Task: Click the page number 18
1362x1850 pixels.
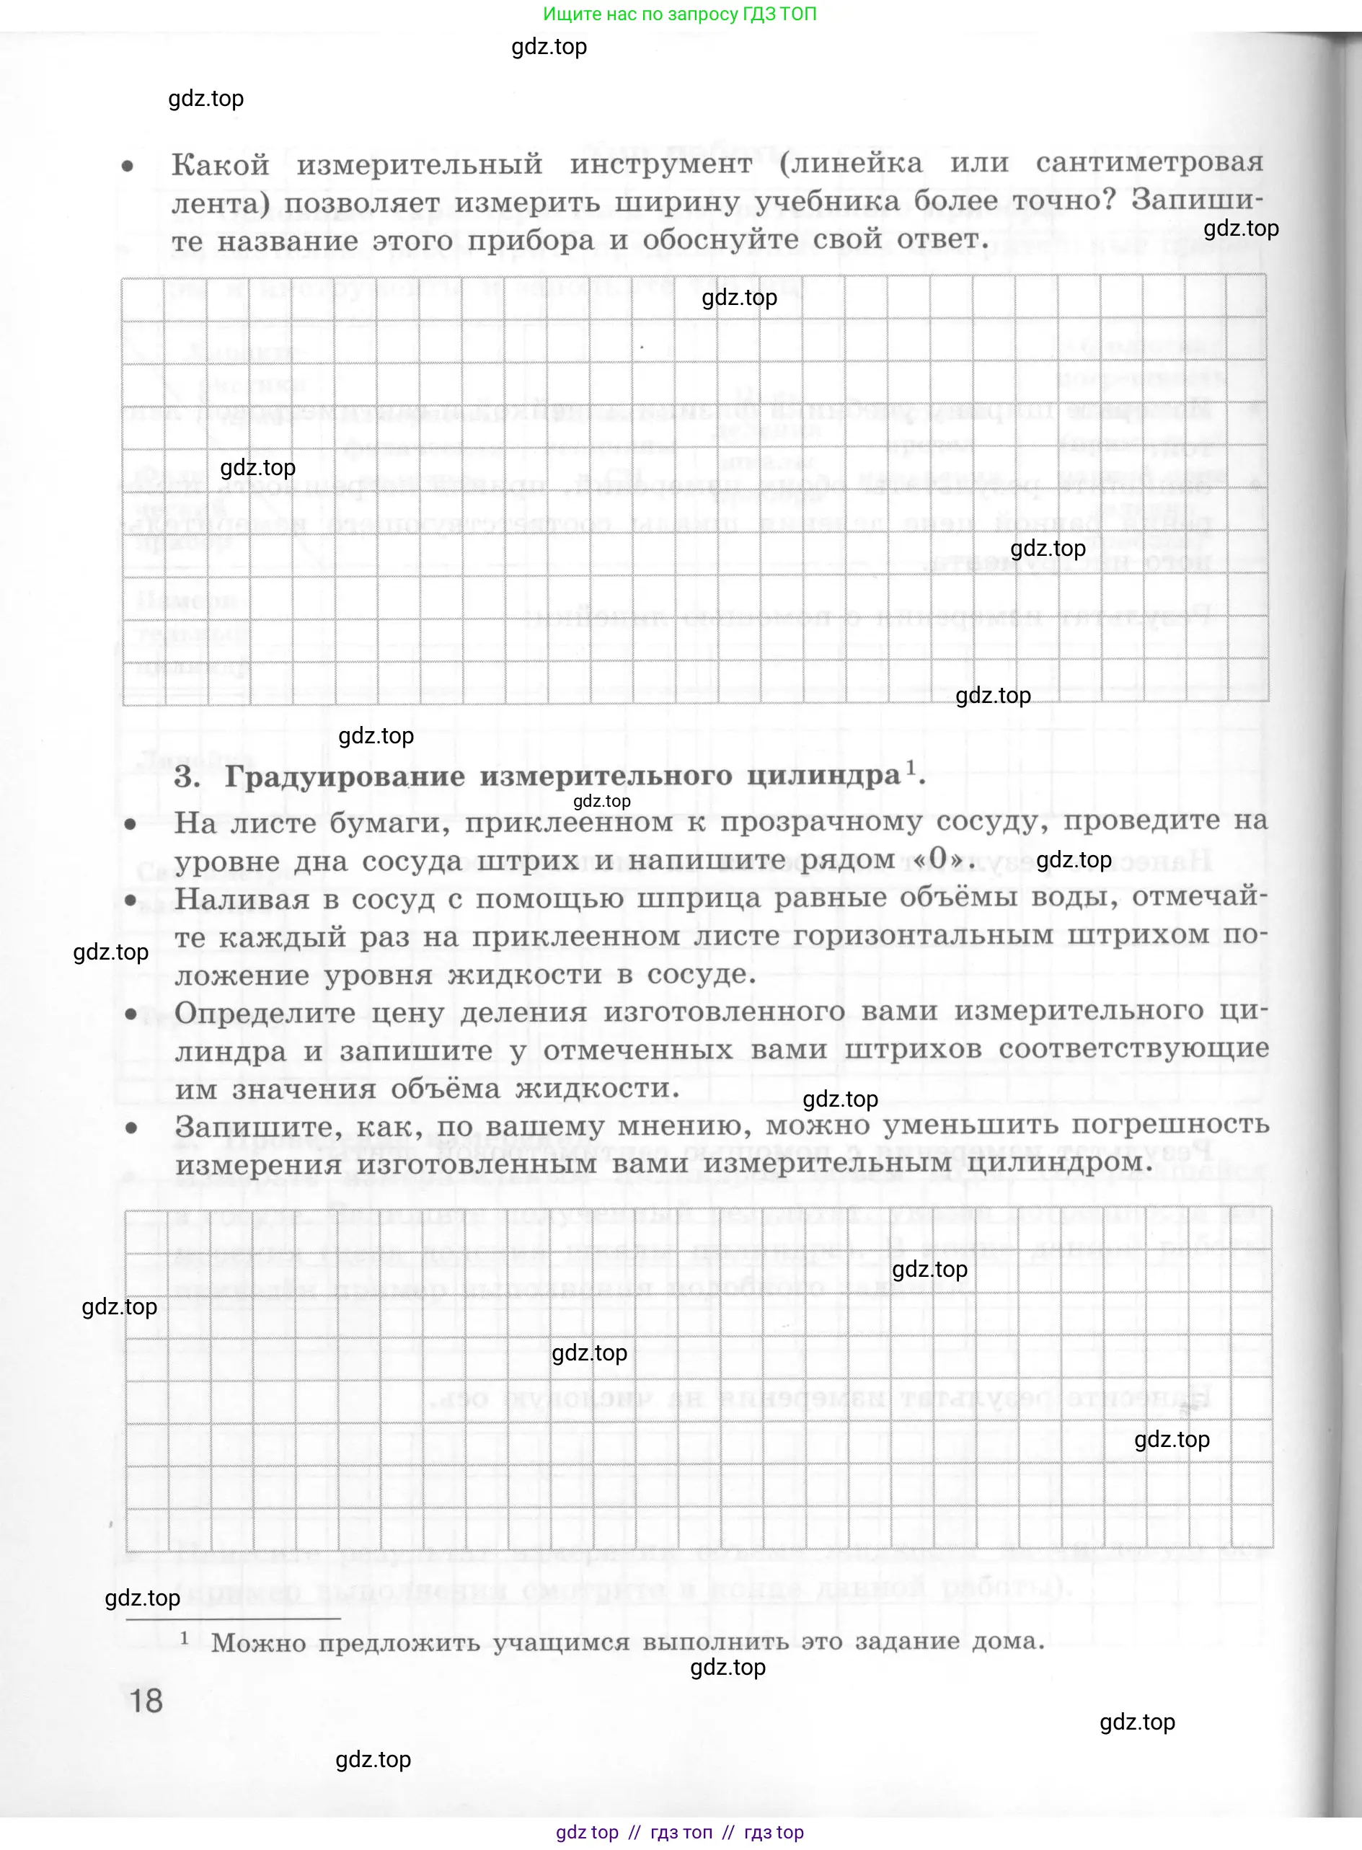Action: (x=147, y=1701)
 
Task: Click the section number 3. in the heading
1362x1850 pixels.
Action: (x=187, y=777)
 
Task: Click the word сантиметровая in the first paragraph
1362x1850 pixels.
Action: (x=1149, y=162)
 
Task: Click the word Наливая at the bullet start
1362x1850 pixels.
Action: (x=242, y=898)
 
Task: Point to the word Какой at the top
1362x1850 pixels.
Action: (x=220, y=165)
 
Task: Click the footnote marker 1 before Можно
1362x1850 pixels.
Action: (x=185, y=1637)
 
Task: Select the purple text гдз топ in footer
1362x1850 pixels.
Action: (x=681, y=1832)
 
